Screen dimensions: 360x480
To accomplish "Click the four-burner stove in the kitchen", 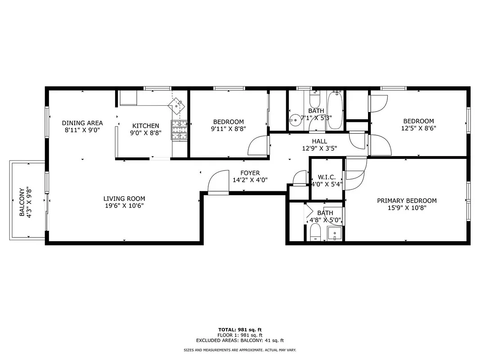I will coord(179,130).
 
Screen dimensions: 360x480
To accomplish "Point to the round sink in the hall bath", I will coord(296,120).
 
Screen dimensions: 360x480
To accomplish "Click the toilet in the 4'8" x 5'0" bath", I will coord(315,233).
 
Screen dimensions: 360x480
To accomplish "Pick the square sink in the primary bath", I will coord(334,233).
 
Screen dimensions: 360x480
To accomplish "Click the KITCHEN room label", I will coord(145,126).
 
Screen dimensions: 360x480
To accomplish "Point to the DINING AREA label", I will coord(82,123).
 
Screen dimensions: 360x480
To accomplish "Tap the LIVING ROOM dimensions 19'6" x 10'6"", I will coord(124,206).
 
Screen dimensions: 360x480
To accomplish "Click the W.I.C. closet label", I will coord(326,177).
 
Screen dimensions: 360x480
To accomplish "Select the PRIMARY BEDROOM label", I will coord(407,201).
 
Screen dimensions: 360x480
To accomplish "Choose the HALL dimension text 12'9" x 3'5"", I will coord(319,148).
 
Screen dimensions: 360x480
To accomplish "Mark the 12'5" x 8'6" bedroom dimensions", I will coord(418,128).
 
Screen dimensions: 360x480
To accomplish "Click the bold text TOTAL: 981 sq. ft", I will coord(240,330).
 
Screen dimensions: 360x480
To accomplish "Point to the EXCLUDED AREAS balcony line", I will coord(240,341).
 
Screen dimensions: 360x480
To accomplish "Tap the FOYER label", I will coord(250,173).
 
